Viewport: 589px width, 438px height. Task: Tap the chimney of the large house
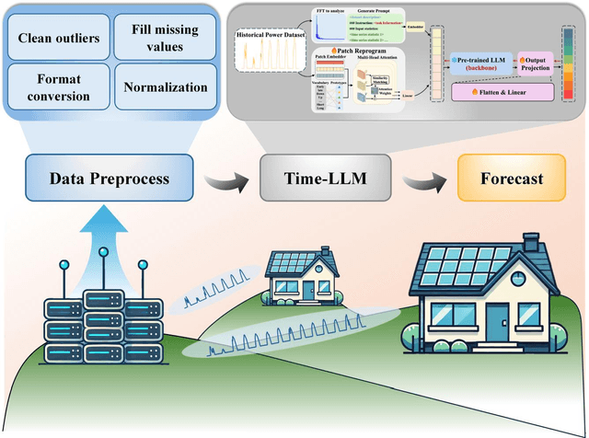click(531, 241)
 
